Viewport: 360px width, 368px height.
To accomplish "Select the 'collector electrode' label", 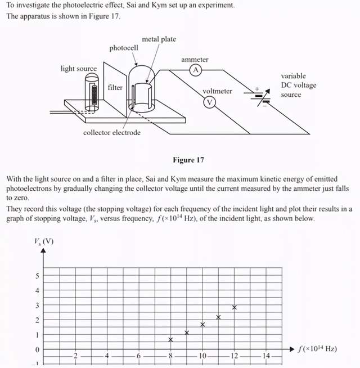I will point(112,133).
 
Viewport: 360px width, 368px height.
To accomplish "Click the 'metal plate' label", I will point(159,39).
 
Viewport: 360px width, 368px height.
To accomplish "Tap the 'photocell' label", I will point(124,48).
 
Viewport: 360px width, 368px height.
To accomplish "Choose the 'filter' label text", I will point(115,88).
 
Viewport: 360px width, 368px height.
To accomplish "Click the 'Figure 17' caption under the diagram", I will point(188,160).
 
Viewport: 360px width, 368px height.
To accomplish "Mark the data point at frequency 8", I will point(171,339).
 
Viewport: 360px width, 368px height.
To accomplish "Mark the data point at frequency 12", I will point(235,307).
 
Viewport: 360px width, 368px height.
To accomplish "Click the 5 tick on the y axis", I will point(38,276).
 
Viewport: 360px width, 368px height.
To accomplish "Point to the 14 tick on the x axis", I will point(266,356).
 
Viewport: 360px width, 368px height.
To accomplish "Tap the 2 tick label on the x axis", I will point(76,356).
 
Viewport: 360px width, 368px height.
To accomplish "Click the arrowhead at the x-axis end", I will point(292,349).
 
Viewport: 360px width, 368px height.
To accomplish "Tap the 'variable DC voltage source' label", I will point(298,85).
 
